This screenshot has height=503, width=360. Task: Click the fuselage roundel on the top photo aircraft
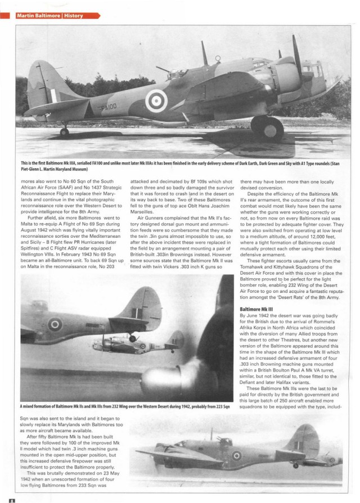point(156,101)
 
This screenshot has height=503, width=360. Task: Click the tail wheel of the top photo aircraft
point(65,132)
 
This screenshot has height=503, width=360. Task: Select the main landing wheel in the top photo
point(267,129)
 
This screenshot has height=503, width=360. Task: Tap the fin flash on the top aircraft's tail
point(52,91)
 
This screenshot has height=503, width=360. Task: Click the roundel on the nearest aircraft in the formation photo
point(55,324)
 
